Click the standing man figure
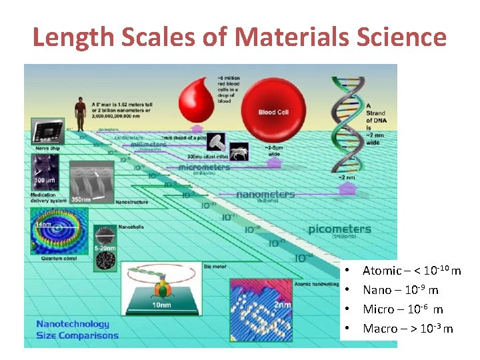coord(81,115)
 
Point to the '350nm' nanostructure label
coord(81,198)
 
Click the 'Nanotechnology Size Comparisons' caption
coord(77,329)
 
